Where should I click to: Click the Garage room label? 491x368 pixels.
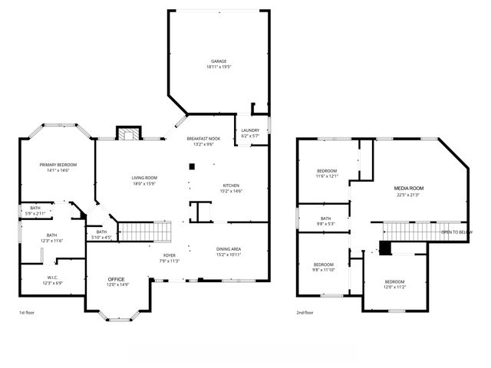pos(219,61)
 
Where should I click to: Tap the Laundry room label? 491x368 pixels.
pos(250,130)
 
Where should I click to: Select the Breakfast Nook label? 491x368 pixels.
pos(203,139)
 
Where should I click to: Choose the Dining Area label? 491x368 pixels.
pos(230,249)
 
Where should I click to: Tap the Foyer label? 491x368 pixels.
pos(170,255)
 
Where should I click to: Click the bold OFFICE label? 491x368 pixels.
pos(116,278)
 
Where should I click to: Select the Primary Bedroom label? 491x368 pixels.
pos(58,165)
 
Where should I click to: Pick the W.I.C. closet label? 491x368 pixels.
pos(51,278)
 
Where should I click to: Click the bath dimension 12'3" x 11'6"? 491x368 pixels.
pos(51,241)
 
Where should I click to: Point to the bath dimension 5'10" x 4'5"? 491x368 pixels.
pos(101,237)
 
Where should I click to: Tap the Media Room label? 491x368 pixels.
pos(409,188)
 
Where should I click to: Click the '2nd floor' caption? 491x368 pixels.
pos(305,313)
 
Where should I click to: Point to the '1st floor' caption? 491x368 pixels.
pos(28,313)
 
